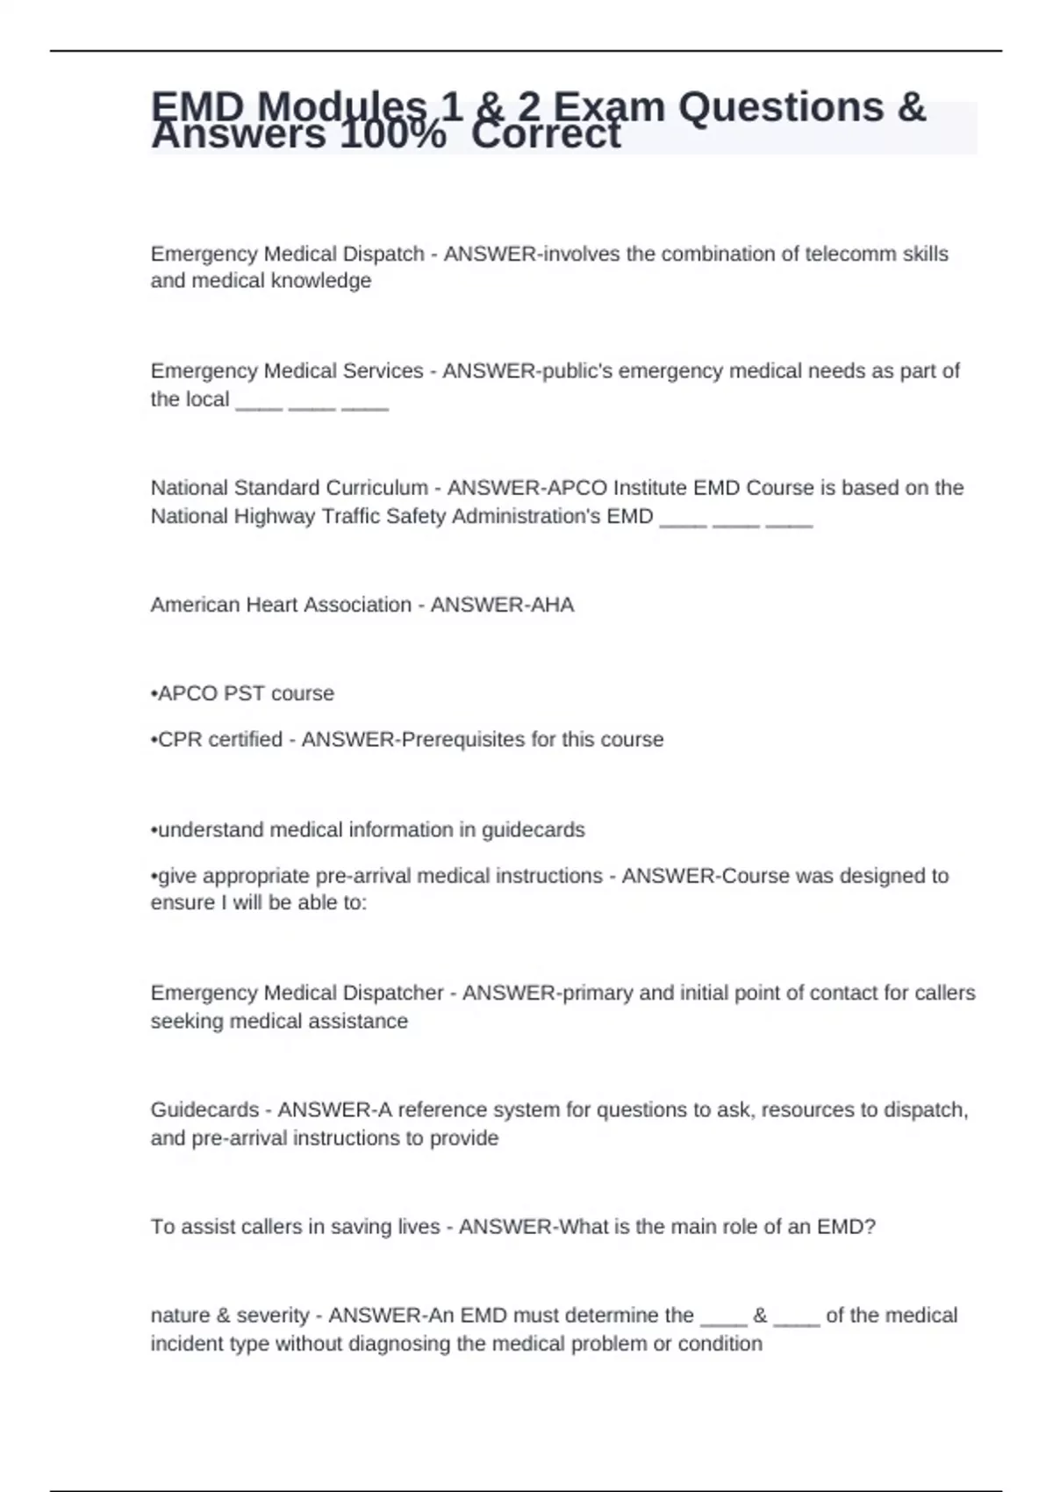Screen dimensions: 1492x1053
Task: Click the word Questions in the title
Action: [x=781, y=107]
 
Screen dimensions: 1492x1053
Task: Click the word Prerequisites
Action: [x=462, y=740]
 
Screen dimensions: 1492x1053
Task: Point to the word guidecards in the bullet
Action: [x=533, y=830]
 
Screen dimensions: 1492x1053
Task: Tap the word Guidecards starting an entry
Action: [x=204, y=1109]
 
